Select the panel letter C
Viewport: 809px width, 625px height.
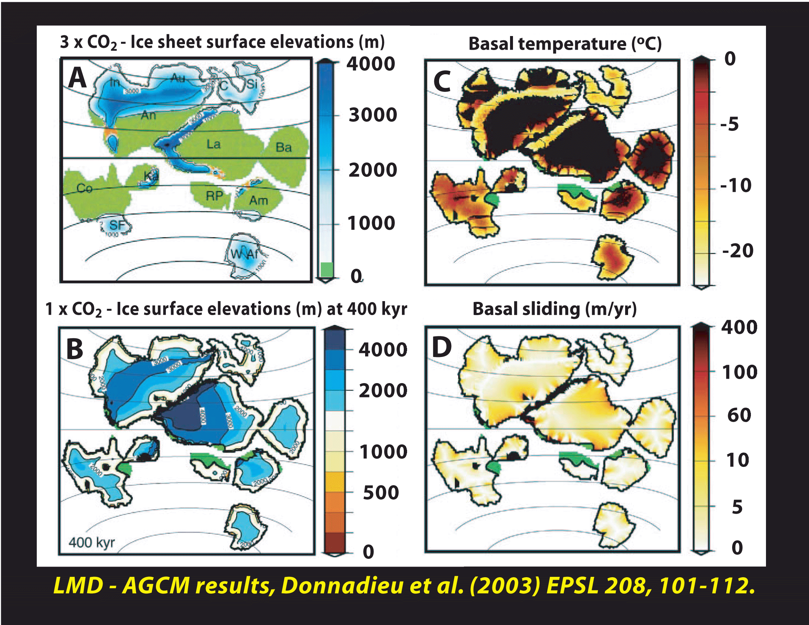click(442, 82)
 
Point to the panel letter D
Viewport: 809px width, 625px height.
click(442, 347)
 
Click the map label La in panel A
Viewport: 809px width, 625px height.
click(213, 144)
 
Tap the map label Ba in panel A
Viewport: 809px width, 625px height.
click(284, 147)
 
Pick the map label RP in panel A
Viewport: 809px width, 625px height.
click(214, 196)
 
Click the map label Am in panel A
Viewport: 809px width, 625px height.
click(258, 200)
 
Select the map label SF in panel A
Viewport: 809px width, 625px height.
click(117, 225)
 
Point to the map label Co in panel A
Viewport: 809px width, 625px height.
click(85, 188)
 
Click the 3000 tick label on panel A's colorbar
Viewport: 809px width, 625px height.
click(373, 115)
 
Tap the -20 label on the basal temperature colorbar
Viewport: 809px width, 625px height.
click(738, 251)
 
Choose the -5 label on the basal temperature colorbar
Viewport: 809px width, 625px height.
click(729, 124)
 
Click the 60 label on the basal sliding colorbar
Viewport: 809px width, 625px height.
click(739, 415)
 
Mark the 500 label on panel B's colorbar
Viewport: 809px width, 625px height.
click(381, 493)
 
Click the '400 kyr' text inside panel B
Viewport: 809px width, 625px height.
click(92, 542)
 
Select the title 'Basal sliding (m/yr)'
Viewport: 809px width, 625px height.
click(555, 309)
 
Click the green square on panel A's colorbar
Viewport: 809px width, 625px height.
click(326, 269)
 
